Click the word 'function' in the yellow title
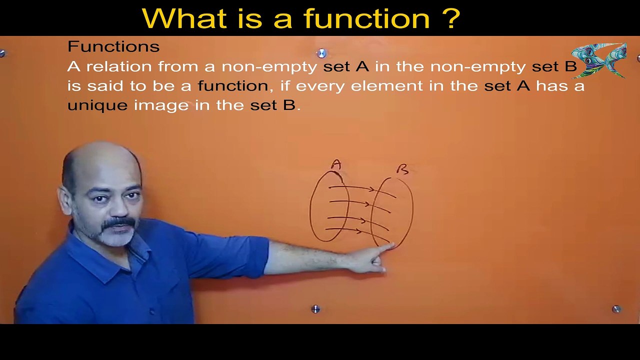pyautogui.click(x=367, y=19)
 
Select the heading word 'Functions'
pyautogui.click(x=113, y=46)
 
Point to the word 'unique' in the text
pyautogui.click(x=97, y=105)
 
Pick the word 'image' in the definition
pyautogui.click(x=161, y=105)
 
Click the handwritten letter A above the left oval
pyautogui.click(x=336, y=164)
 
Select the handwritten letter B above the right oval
pyautogui.click(x=402, y=169)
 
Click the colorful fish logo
pyautogui.click(x=599, y=60)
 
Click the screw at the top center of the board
pyautogui.click(x=321, y=53)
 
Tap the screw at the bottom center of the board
pyautogui.click(x=315, y=309)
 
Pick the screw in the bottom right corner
pyautogui.click(x=616, y=309)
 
